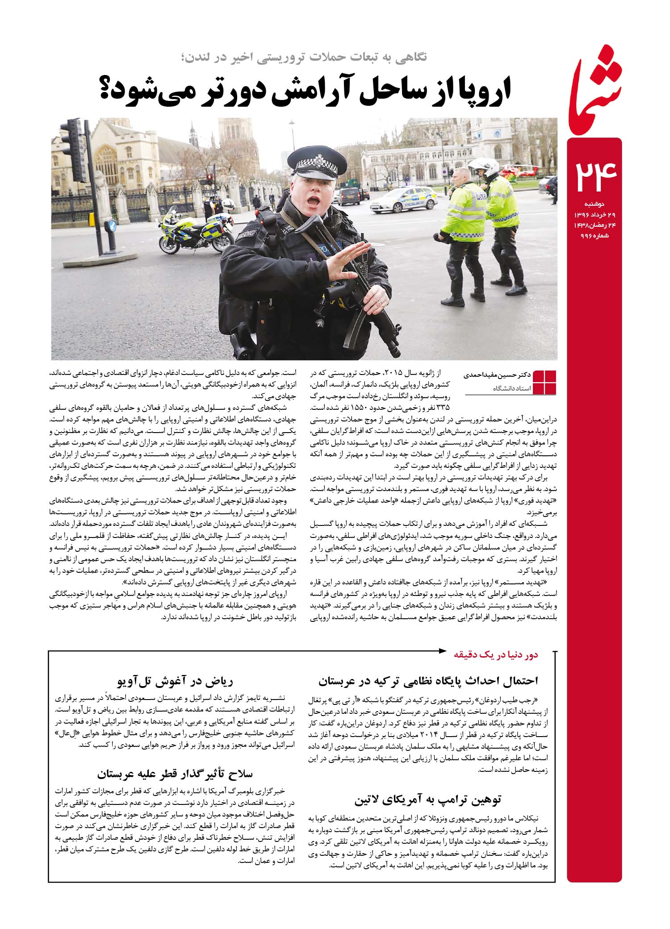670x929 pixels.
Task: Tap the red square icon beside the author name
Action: [x=545, y=382]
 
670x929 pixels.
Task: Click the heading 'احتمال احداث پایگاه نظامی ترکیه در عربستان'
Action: [x=428, y=681]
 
